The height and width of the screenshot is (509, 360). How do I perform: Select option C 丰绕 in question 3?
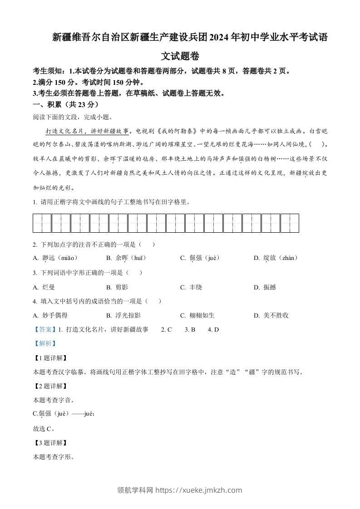(191, 287)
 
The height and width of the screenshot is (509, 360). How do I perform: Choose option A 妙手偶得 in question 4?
(50, 315)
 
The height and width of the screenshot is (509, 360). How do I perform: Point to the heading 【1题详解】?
(50, 358)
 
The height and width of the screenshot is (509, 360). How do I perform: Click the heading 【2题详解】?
(50, 386)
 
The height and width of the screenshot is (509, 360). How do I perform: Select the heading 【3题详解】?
(50, 443)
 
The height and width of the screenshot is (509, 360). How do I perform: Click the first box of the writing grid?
(42, 223)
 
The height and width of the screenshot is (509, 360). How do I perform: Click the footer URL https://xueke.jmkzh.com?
(199, 490)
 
